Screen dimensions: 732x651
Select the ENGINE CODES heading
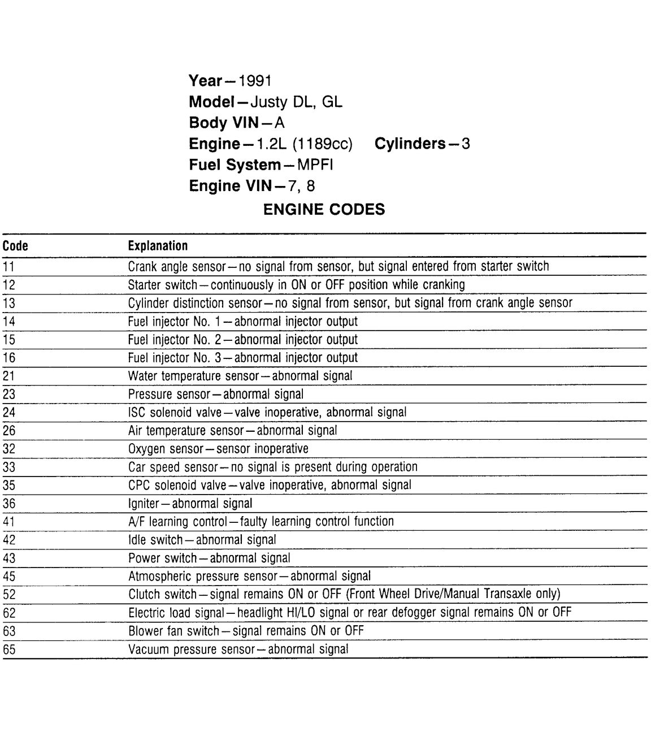tap(324, 210)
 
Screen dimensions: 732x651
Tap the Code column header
tap(15, 246)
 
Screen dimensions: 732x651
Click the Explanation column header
tap(158, 246)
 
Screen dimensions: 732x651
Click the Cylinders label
tap(410, 144)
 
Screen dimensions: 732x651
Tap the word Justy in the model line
tap(268, 102)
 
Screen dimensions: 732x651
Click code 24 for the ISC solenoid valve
tap(9, 413)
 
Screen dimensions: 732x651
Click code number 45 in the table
tap(9, 577)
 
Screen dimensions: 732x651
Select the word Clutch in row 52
tap(144, 594)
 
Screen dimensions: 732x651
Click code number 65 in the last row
tap(9, 649)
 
